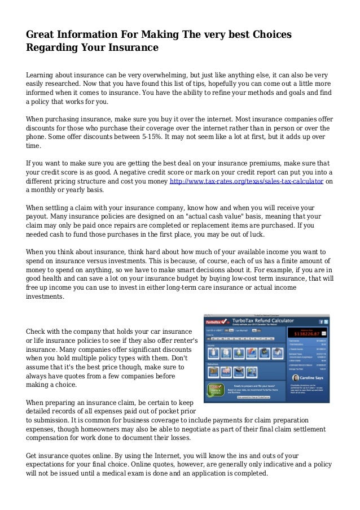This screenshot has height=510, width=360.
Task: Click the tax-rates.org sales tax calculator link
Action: (247, 181)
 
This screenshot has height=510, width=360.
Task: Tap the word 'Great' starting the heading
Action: (42, 35)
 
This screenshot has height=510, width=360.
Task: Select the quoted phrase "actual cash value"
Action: (227, 215)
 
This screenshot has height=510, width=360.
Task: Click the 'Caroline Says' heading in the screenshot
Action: (314, 380)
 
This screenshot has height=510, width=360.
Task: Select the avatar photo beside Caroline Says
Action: (296, 381)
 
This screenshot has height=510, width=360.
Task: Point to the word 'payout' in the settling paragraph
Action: (39, 215)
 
